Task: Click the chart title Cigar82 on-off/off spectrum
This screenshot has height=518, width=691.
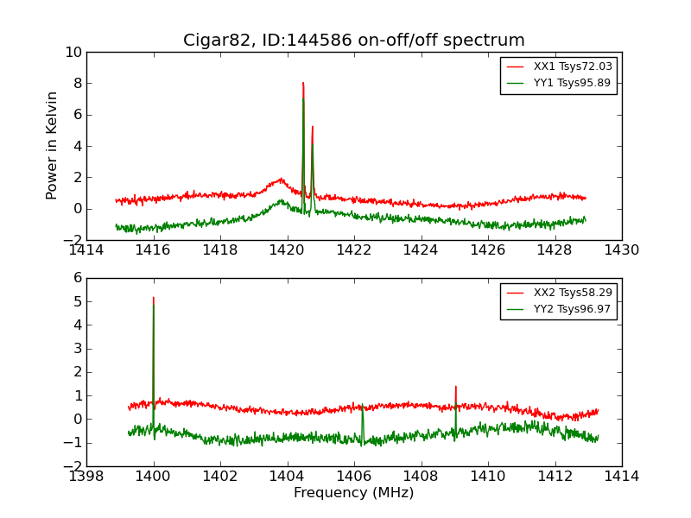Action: tap(354, 41)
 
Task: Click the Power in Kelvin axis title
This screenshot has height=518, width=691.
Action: tap(53, 146)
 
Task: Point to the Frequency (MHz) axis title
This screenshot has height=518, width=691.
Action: tap(354, 493)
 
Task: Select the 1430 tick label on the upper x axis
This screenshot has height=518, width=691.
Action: tap(621, 250)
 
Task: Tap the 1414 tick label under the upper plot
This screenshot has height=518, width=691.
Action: tap(86, 250)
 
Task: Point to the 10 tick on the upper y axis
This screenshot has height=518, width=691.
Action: tap(73, 53)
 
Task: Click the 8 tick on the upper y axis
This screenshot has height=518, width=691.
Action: tap(77, 84)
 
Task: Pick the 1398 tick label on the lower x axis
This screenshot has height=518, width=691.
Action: tap(86, 477)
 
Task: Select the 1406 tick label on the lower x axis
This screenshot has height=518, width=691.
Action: tap(354, 477)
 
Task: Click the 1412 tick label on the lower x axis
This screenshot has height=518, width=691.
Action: tap(555, 477)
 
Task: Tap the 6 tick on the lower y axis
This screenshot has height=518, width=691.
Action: tap(77, 279)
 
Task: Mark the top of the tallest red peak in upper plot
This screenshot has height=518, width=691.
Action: tap(303, 84)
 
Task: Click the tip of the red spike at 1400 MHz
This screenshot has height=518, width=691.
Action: tap(154, 299)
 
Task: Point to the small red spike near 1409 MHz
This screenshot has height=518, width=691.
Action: tap(455, 388)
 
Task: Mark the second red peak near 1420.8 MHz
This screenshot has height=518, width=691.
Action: tap(313, 127)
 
